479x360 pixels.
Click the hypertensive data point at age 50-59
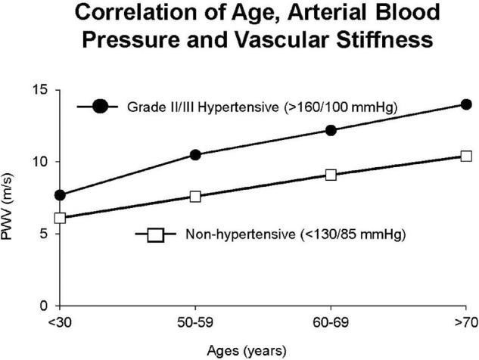195,155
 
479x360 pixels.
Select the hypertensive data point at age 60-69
331,130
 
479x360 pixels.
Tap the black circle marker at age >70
466,104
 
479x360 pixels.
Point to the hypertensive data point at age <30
61,195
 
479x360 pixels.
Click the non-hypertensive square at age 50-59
195,197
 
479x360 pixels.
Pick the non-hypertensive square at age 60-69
331,175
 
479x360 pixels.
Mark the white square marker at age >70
466,156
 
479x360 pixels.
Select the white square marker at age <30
61,219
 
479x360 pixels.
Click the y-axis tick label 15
42,90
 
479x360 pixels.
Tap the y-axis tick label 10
42,162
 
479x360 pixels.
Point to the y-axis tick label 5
45,234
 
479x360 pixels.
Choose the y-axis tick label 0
45,306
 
